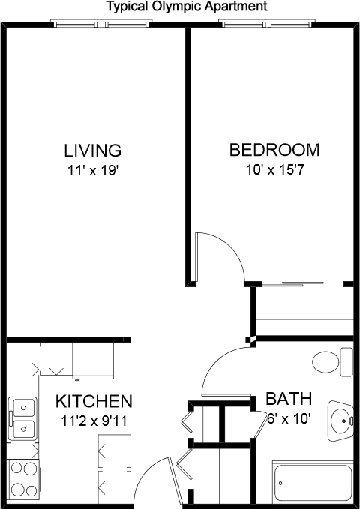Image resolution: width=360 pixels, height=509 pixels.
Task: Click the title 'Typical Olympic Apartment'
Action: [187, 7]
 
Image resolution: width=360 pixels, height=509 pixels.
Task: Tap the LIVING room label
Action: [92, 150]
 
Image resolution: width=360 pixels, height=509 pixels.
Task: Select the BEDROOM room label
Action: [274, 150]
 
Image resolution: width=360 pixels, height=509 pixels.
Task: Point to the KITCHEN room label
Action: [94, 401]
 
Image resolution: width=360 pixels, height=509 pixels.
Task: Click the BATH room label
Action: [289, 399]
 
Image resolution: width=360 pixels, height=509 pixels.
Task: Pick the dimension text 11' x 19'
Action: [92, 170]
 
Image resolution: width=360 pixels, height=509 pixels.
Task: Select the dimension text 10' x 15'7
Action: [274, 169]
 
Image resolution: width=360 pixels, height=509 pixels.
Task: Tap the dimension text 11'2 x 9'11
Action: [94, 421]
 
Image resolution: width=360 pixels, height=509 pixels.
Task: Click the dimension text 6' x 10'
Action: [287, 419]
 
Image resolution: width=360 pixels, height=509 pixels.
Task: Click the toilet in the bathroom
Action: [333, 362]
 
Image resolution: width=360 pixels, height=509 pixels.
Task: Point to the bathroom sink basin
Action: [340, 421]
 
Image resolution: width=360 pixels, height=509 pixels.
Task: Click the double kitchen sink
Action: [22, 419]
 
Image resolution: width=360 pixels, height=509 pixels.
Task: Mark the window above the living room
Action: [101, 24]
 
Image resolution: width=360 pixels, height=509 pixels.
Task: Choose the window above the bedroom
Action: [267, 24]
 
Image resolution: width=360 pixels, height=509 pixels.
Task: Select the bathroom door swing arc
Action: [215, 361]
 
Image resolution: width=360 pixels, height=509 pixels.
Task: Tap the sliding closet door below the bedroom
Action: [292, 283]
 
